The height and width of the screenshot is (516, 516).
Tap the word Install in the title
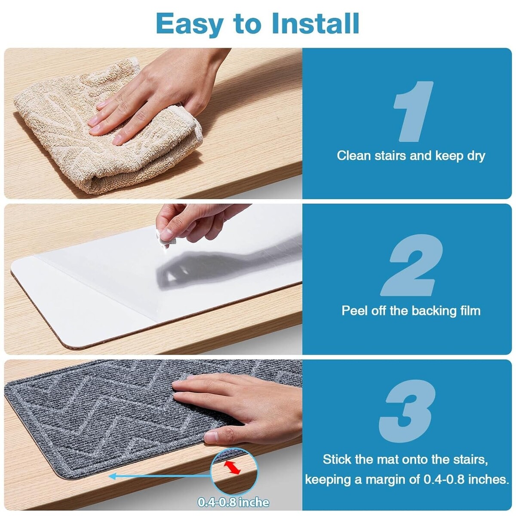(x=315, y=23)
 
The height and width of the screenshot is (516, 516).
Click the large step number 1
(x=413, y=111)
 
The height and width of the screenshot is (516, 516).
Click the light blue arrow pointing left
(x=160, y=476)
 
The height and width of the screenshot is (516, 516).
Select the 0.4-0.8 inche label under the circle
(x=233, y=502)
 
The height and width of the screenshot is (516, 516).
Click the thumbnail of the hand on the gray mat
(x=211, y=437)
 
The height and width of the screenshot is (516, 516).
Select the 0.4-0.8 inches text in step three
(x=466, y=479)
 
